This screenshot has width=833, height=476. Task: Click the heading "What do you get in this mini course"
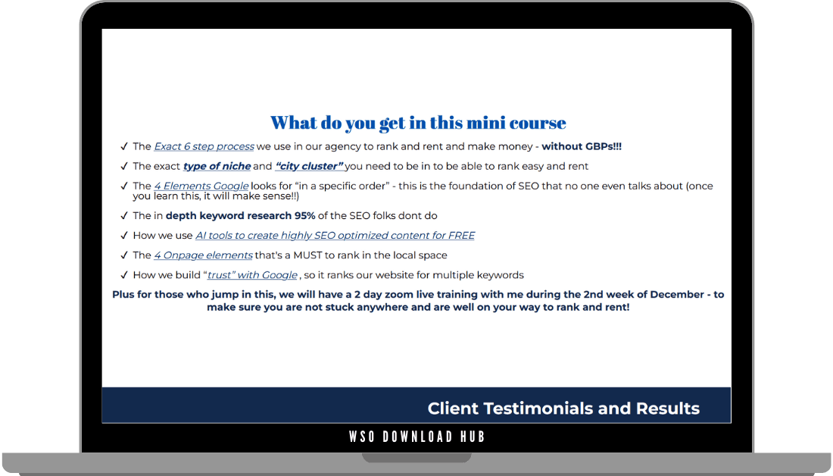click(418, 123)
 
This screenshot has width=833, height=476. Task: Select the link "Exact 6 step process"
click(204, 146)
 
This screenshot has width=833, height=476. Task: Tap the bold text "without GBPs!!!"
click(582, 146)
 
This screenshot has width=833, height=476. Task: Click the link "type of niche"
click(217, 166)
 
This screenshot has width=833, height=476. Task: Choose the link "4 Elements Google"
click(201, 186)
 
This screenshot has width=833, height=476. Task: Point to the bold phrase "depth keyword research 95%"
click(240, 215)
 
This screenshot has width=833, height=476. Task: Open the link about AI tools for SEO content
click(335, 235)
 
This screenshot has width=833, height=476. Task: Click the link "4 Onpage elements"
click(203, 255)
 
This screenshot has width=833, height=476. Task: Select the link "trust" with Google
click(252, 274)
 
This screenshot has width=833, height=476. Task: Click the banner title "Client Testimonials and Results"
click(563, 409)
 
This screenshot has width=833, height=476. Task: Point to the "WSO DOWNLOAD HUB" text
click(417, 437)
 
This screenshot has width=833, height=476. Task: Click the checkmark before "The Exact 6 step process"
click(123, 146)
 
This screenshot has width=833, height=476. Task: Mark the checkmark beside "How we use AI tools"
click(123, 235)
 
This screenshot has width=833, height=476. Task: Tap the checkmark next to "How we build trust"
click(123, 274)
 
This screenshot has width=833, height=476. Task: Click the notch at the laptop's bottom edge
click(417, 457)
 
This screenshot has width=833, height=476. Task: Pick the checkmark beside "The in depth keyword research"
click(123, 215)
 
